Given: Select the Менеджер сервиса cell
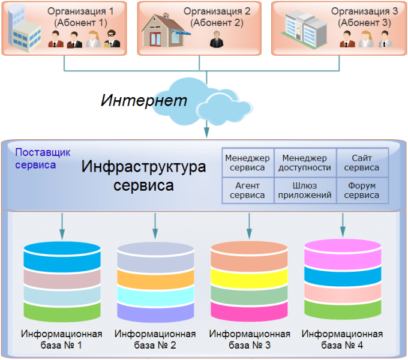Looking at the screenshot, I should (247, 163).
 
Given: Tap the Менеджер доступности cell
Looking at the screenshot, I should (305, 163).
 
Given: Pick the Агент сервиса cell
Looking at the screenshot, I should (247, 190).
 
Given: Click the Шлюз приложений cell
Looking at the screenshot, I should (305, 190).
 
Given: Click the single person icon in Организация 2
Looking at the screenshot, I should (215, 40).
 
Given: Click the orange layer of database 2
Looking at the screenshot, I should (155, 278).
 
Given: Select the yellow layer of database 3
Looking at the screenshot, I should (249, 278).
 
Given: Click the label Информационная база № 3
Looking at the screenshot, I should (249, 340).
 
